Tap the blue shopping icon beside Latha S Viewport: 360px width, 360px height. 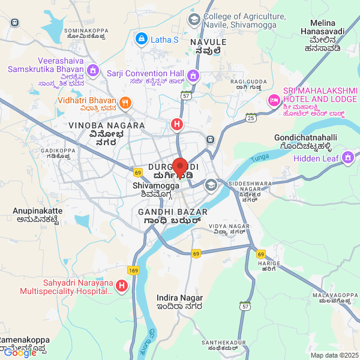tap(142, 40)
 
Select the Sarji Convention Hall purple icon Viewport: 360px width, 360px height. tap(193, 76)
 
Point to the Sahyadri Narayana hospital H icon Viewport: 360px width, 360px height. tap(122, 286)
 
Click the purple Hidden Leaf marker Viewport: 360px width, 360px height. tap(347, 158)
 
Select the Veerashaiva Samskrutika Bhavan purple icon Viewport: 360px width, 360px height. tap(92, 71)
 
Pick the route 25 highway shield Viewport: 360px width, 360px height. tap(251, 118)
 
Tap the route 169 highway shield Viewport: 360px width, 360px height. tap(133, 271)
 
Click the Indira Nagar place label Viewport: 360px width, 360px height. tap(179, 298)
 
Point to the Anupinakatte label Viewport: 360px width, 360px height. tap(38, 211)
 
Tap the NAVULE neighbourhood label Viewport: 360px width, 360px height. tap(208, 42)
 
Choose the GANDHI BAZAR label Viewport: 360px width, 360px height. tap(172, 212)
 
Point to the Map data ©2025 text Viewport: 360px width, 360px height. tap(334, 355)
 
